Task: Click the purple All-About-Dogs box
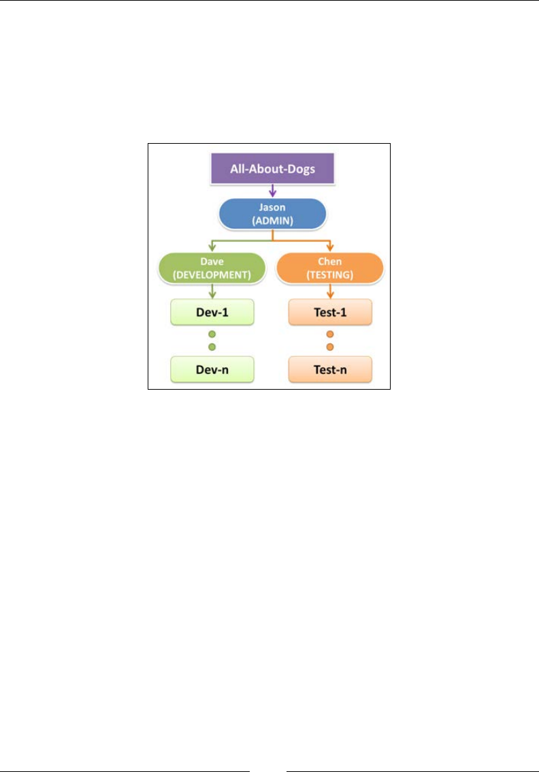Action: point(272,168)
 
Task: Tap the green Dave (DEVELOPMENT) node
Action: point(211,268)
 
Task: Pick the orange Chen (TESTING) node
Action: point(330,268)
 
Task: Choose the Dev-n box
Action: point(211,369)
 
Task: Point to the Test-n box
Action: point(330,369)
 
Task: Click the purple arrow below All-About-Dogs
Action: point(272,190)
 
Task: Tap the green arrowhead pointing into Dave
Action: point(212,247)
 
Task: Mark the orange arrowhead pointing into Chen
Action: point(331,247)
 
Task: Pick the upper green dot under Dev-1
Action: point(212,334)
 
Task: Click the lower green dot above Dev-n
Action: point(212,347)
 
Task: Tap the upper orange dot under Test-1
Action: point(330,334)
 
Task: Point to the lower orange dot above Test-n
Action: point(330,347)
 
